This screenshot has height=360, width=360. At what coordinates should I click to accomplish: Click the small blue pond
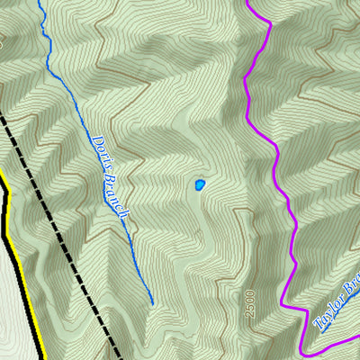[x=198, y=185]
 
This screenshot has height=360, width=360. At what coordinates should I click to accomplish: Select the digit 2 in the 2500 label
[x=249, y=315]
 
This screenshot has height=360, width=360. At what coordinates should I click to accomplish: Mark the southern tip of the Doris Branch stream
[x=152, y=304]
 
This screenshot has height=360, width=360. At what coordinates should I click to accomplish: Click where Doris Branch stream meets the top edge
[x=40, y=1]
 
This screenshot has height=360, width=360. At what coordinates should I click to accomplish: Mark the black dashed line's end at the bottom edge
[x=118, y=358]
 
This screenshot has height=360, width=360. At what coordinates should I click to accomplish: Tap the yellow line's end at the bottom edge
[x=42, y=358]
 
